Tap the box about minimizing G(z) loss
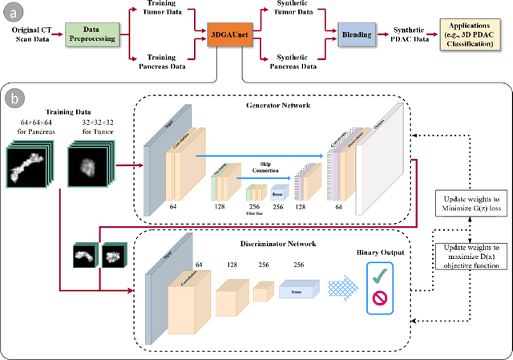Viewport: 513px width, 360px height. (472, 204)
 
